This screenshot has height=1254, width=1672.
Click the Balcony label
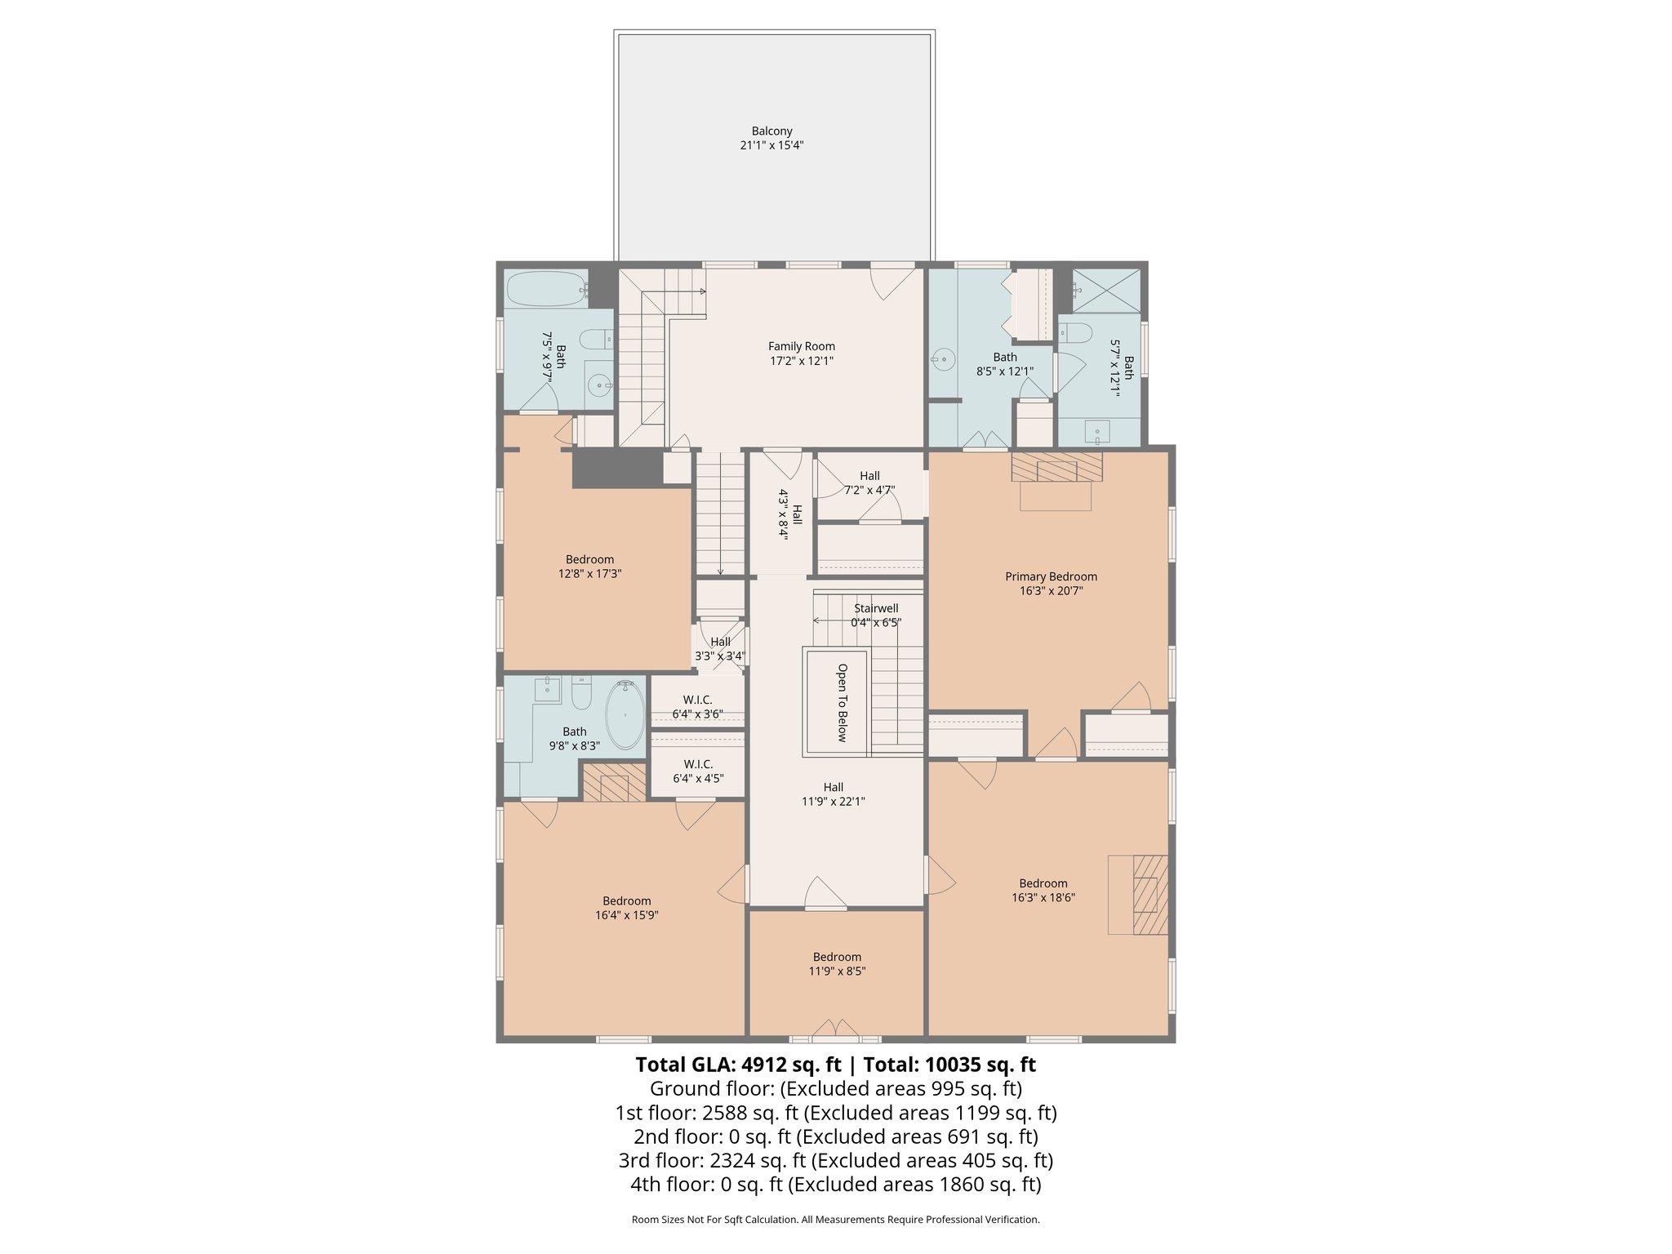772,138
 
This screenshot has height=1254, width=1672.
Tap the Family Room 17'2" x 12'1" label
801,354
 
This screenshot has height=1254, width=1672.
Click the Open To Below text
842,702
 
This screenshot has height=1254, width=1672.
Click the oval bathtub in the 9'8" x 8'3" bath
625,715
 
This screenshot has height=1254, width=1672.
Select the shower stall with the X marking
1105,290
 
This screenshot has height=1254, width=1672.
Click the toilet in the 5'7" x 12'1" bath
1078,333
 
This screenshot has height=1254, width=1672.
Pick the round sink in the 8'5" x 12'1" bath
944,358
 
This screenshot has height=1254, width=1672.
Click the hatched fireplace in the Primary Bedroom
1056,467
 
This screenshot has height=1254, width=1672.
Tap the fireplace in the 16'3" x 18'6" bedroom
1149,894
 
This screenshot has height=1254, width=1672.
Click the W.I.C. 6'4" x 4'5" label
698,772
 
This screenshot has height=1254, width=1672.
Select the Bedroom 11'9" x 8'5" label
837,964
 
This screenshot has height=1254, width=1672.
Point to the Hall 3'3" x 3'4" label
720,649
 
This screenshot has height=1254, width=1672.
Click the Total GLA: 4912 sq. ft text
738,1065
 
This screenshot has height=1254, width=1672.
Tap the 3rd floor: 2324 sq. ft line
835,1160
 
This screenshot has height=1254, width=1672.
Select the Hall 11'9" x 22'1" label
833,794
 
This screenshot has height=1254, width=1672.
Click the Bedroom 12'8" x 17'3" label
589,567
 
